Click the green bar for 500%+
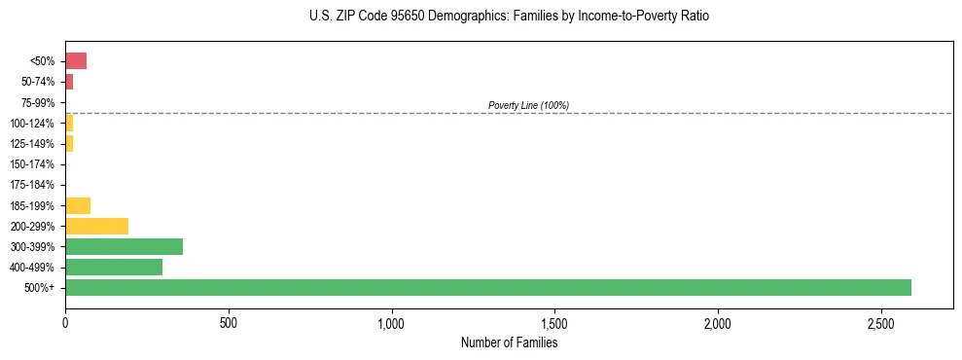coord(487,287)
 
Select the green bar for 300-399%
coord(124,246)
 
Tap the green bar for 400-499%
coord(114,267)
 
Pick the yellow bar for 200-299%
coord(96,226)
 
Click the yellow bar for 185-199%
coord(78,205)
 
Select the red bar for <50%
coord(76,61)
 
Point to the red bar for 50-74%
coord(69,82)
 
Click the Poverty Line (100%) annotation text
coord(528,105)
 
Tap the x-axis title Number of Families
coord(509,342)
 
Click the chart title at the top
coord(509,17)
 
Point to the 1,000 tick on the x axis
coord(391,322)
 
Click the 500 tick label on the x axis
coord(229,322)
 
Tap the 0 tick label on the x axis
coord(65,322)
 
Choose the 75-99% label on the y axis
coord(43,102)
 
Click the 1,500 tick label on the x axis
coord(554,322)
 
